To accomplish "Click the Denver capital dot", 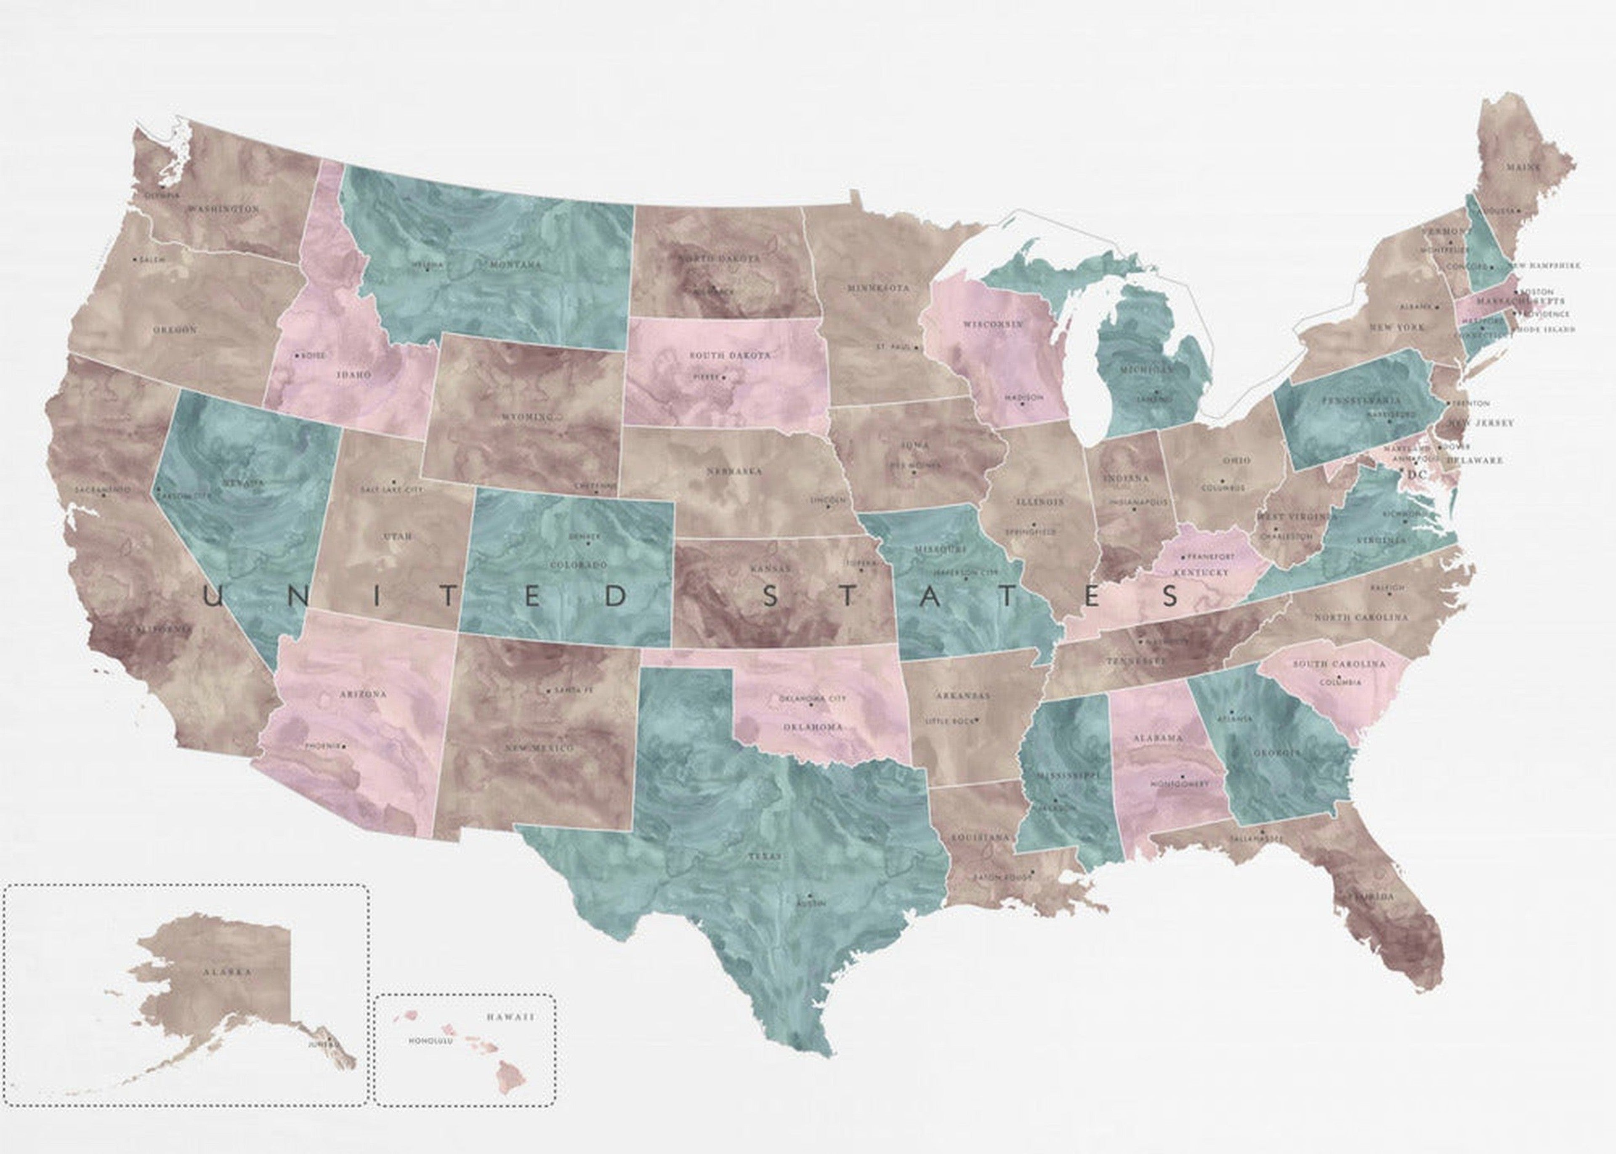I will click(x=588, y=544).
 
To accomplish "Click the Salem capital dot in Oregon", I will click(x=136, y=259).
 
